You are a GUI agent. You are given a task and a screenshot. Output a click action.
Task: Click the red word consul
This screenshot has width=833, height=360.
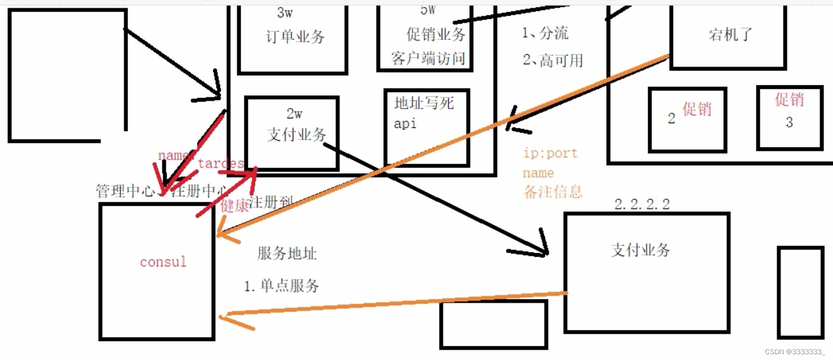click(163, 262)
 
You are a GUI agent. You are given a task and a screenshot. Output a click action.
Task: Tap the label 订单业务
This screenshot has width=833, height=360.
click(295, 36)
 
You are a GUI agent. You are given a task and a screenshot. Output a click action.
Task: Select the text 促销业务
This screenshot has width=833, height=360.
click(435, 35)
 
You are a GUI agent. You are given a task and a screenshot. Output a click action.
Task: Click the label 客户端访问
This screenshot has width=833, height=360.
click(428, 58)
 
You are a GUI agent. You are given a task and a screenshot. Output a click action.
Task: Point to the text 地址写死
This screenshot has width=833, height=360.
click(424, 103)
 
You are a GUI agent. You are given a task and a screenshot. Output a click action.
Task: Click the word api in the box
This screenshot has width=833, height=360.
click(405, 124)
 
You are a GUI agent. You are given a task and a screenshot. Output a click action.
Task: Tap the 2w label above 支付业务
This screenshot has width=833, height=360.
click(294, 114)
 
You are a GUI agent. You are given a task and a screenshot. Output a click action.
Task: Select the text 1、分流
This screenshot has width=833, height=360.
click(545, 33)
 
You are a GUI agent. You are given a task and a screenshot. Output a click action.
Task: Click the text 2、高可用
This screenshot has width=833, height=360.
click(553, 61)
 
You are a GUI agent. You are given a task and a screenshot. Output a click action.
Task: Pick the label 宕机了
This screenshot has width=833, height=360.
click(730, 35)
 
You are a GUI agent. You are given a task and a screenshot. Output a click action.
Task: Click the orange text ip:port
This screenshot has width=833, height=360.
click(550, 153)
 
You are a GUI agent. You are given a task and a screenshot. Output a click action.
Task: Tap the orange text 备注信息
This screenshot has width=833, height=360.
click(553, 192)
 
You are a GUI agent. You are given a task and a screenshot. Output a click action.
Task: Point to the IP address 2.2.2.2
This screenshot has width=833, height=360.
click(642, 204)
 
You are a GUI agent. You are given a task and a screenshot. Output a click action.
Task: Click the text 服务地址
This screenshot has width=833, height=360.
click(287, 254)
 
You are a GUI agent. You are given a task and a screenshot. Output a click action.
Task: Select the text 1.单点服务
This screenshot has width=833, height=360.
click(282, 286)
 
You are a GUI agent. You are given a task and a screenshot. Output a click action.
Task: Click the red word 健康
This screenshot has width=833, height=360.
click(234, 205)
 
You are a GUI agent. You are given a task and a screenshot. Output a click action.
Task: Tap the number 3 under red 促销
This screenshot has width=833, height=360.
click(789, 122)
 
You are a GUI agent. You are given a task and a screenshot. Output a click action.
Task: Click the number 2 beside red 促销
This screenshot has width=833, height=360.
click(671, 118)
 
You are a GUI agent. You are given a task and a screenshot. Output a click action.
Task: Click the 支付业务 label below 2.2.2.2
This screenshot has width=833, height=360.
click(640, 250)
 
